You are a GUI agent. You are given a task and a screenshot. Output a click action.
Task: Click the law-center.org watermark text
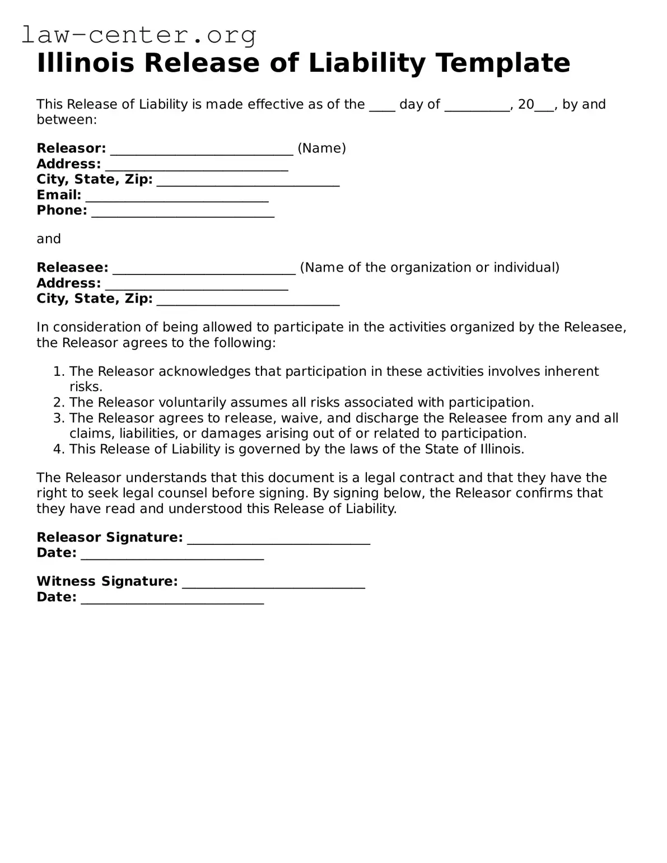(x=139, y=35)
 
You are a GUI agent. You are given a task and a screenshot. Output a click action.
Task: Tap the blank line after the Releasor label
(x=202, y=150)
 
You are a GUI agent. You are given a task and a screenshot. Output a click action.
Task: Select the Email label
(x=59, y=195)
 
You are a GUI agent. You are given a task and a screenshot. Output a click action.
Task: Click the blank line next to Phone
(x=183, y=213)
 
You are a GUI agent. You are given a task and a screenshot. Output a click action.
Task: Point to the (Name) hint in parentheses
(x=321, y=148)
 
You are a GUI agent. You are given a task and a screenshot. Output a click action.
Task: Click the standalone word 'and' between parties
(x=49, y=239)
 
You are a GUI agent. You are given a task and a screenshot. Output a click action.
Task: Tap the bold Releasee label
(x=72, y=268)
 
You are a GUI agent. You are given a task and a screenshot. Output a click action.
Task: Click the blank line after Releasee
(x=204, y=270)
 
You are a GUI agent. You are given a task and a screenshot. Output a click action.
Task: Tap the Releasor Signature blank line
(x=278, y=540)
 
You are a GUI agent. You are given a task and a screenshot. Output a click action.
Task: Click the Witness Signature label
(x=107, y=581)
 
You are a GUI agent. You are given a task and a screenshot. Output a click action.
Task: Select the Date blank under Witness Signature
(x=172, y=600)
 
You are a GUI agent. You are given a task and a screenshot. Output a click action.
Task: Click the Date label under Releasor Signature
(x=56, y=553)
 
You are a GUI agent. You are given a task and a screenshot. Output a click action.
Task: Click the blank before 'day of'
(x=382, y=107)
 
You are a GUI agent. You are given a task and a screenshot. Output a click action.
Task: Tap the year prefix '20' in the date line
(x=526, y=105)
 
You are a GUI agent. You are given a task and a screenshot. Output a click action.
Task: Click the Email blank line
(x=177, y=198)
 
